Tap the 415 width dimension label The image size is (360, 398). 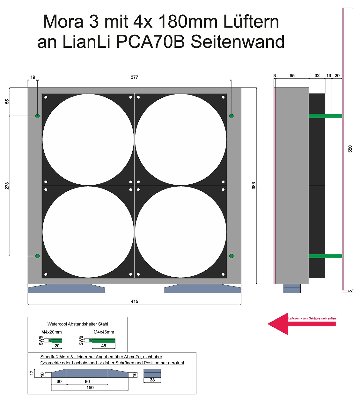point(134,302)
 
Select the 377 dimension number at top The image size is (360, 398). point(134,77)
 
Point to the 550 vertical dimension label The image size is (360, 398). point(350,149)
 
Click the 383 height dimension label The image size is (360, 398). point(253,186)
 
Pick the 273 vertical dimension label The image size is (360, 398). point(7,186)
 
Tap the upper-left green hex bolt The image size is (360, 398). point(38,116)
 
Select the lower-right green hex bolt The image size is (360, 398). point(231,256)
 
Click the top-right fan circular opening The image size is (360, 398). point(181,139)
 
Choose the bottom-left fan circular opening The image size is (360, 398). point(88,232)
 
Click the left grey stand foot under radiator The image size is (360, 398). point(66,289)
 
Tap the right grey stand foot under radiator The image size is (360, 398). point(202,289)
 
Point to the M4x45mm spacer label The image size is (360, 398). point(104,332)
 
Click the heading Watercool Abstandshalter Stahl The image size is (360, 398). point(78,324)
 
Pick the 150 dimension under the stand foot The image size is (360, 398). point(90,387)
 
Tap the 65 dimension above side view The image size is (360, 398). point(292,75)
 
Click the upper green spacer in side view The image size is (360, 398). point(326,116)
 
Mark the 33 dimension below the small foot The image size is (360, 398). point(152,380)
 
